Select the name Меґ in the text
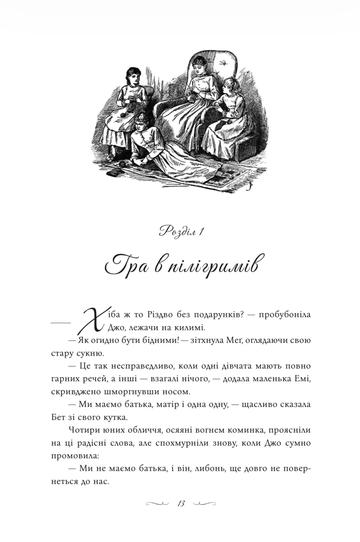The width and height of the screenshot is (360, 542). click(x=231, y=340)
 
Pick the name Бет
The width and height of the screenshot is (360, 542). click(x=58, y=417)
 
